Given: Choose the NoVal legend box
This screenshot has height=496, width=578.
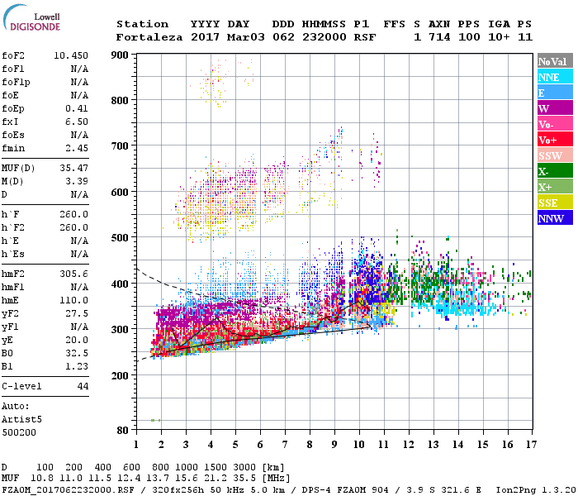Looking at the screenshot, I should click(553, 61).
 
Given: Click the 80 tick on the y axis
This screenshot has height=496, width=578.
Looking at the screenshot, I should click(121, 430).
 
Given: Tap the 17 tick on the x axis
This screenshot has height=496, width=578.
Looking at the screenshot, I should click(530, 445).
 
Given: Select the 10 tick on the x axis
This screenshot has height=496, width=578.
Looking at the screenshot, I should click(358, 445).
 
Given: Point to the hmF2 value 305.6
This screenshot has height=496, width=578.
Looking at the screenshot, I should click(73, 273).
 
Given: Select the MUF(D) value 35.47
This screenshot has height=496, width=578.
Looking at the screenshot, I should click(73, 168).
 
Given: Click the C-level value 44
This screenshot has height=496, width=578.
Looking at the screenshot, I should click(82, 386).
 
